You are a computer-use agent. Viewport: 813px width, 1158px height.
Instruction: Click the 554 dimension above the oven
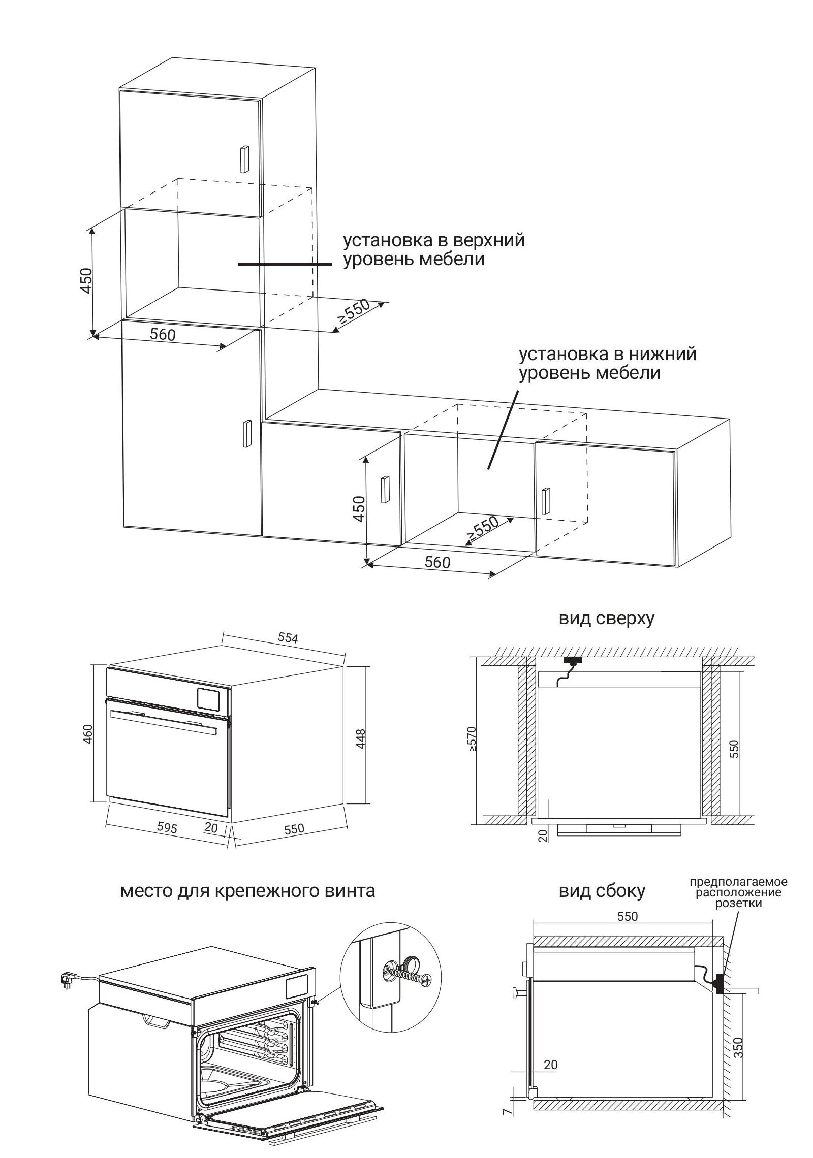click(x=288, y=638)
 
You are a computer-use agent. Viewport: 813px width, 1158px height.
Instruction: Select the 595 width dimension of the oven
click(x=167, y=827)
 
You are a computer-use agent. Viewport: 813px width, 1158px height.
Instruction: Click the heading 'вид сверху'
click(x=606, y=618)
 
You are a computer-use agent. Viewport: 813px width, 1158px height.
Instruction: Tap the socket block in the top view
click(x=573, y=661)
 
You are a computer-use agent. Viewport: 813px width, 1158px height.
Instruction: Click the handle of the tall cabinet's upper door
click(x=244, y=161)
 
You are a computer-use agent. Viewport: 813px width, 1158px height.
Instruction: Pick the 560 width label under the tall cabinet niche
click(x=163, y=334)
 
